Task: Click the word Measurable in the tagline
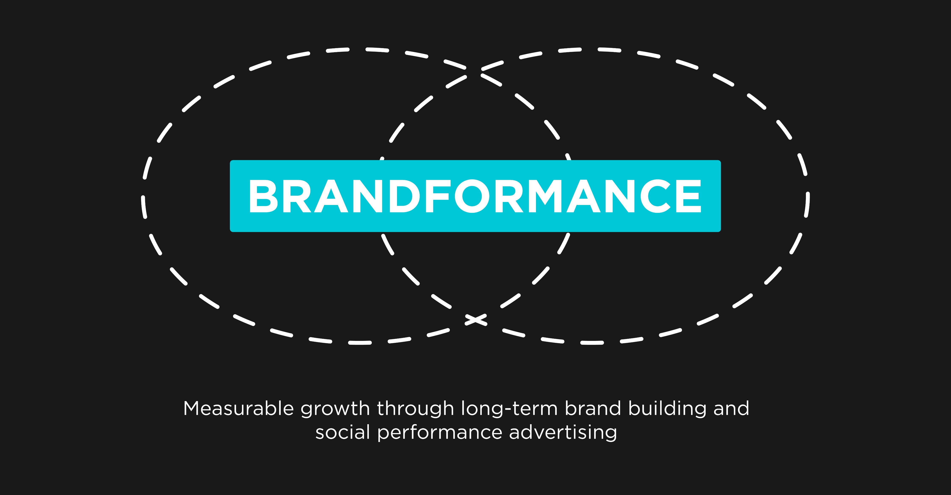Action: pos(239,409)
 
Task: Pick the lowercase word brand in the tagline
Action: pos(593,409)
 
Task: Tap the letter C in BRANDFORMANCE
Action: pos(655,196)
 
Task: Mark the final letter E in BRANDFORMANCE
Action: pos(689,196)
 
